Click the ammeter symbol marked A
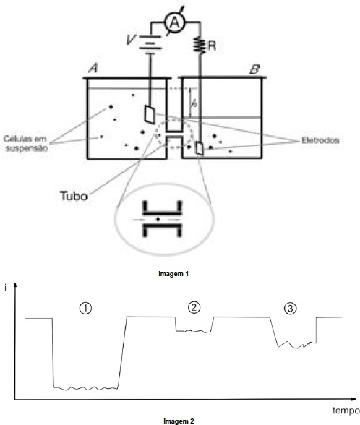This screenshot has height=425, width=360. coord(175,23)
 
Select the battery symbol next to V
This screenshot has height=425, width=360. coord(150,43)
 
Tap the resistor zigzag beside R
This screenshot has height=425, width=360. coord(200,46)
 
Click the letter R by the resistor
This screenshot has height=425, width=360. coord(212,46)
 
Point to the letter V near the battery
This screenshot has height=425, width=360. coord(131,40)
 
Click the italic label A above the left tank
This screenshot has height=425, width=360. coord(93,68)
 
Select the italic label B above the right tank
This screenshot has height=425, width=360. coord(254,69)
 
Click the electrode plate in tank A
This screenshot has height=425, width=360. coord(150,114)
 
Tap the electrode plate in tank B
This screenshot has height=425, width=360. coord(200,149)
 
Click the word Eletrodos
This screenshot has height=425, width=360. coord(320,140)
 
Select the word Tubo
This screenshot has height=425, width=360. coord(74,196)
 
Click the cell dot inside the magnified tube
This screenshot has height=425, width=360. coord(158,219)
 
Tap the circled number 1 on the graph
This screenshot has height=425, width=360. coord(85,309)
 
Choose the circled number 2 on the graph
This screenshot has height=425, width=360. coord(194,307)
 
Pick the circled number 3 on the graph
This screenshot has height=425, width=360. coord(290,309)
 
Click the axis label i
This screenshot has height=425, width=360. coord(5,288)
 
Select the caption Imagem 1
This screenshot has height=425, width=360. coord(173,274)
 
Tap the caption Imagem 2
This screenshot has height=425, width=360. coord(179,421)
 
